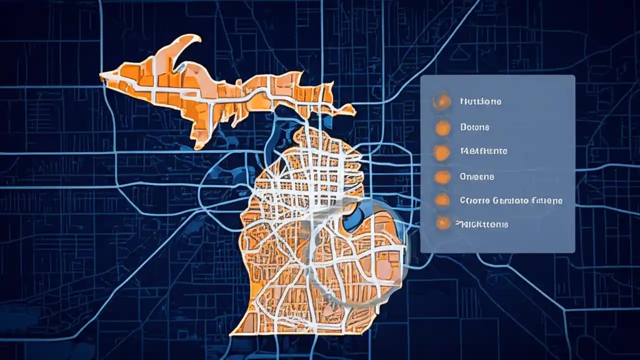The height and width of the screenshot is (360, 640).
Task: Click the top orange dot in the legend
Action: click(442, 102)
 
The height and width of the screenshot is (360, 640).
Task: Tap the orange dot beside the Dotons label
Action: click(442, 128)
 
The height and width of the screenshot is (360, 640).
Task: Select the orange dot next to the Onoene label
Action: click(442, 176)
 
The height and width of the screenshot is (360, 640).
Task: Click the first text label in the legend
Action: click(480, 101)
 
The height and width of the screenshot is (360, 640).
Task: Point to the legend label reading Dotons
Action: click(474, 127)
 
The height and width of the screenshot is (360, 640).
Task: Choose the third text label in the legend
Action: click(483, 150)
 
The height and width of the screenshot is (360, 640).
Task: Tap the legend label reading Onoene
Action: click(476, 176)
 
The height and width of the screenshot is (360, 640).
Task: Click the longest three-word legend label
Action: click(510, 200)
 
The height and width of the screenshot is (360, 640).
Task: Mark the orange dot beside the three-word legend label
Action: click(442, 200)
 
